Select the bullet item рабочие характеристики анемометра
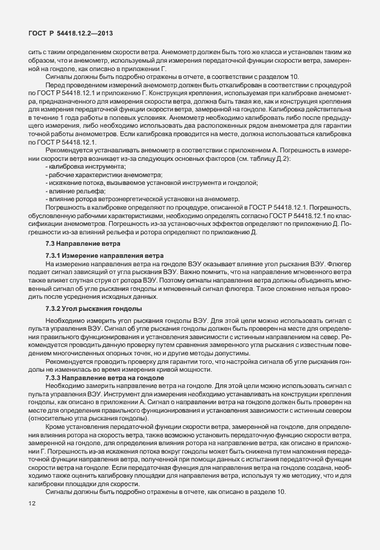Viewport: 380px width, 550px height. (97, 173)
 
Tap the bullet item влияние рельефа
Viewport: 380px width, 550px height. (75, 190)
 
